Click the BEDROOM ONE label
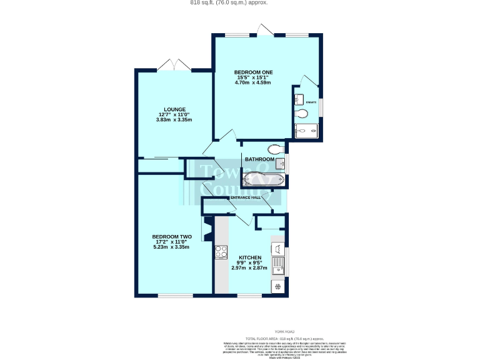pos(252,71)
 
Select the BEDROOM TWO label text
pos(171,236)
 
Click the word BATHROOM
pos(259,159)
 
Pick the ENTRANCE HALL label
pos(246,198)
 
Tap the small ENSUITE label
pos(311,102)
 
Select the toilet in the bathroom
pos(274,149)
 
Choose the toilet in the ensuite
pos(302,114)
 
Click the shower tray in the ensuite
pos(306,131)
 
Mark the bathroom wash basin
pos(281,164)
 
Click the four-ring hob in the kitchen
pos(221,252)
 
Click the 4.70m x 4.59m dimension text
pos(252,82)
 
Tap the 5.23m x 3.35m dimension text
pos(171,247)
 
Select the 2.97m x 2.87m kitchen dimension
pos(249,267)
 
